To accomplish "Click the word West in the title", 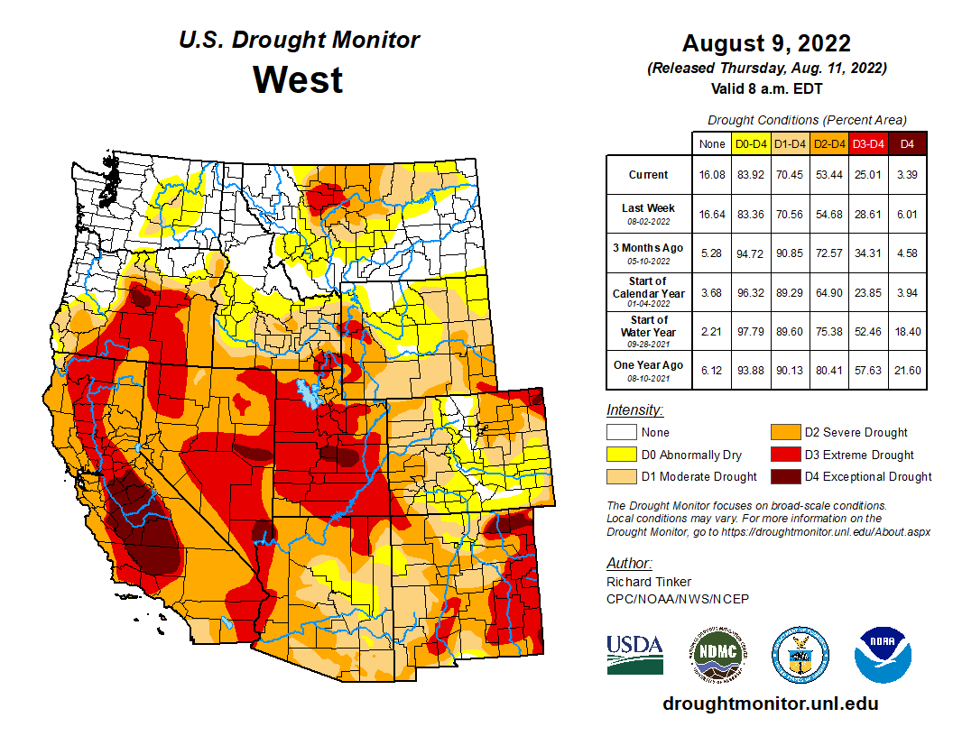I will coord(298,79).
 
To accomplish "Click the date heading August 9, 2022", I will coord(766,43).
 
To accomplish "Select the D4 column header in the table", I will coord(908,143).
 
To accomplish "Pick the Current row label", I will coord(649,175).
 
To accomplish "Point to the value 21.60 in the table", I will coord(908,371).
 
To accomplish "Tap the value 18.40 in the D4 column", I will coord(908,332).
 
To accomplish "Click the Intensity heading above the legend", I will coord(635,409).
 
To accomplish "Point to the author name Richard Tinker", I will coord(650,582).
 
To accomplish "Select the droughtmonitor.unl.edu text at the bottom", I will coord(770,704).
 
